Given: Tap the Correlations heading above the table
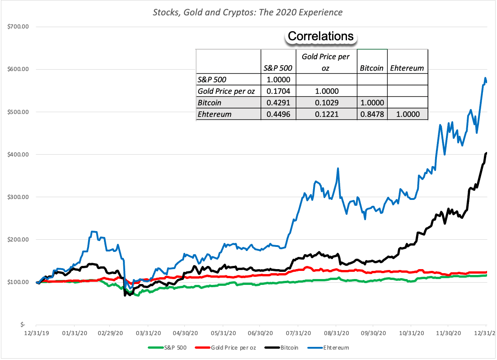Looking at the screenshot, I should point(321,36).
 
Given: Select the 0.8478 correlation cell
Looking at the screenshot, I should point(372,114).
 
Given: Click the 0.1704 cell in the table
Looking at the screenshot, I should point(278,91).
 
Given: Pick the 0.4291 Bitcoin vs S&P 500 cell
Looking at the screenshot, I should point(278,103).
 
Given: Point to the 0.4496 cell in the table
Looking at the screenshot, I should point(278,114).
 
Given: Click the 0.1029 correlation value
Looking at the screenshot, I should point(326,103).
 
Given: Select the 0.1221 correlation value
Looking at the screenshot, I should point(326,114).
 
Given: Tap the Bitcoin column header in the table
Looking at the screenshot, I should point(372,68).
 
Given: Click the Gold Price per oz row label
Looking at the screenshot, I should point(226,91).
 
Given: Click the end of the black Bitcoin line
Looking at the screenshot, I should point(486,153).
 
